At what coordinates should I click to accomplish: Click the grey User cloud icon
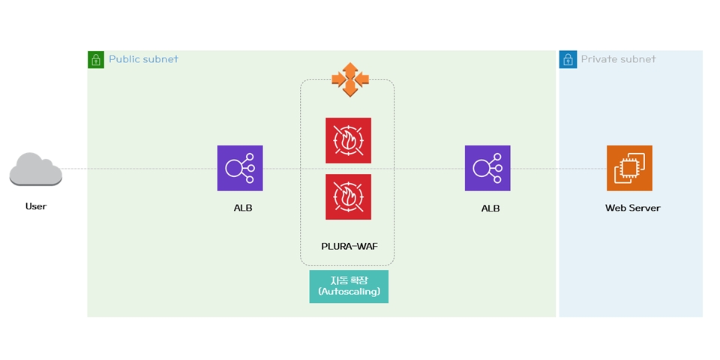[x=35, y=169]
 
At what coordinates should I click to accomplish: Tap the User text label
[x=35, y=206]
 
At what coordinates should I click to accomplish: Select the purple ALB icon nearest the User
[x=240, y=168]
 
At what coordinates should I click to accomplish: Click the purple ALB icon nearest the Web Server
[x=487, y=168]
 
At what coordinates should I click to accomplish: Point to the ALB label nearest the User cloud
[x=242, y=208]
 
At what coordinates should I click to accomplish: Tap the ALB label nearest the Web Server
[x=490, y=208]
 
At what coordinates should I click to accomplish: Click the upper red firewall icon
[x=348, y=140]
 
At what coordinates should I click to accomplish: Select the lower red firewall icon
[x=348, y=196]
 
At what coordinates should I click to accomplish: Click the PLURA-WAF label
[x=347, y=245]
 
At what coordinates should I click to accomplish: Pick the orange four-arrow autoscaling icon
[x=349, y=79]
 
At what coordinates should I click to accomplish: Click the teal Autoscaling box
[x=349, y=286]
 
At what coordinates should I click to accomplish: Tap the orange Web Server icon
[x=629, y=168]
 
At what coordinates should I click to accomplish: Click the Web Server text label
[x=632, y=208]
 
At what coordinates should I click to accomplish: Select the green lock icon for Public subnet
[x=96, y=59]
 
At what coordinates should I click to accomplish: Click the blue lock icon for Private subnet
[x=568, y=59]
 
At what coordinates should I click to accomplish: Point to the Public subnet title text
[x=143, y=59]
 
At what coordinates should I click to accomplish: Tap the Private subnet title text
[x=618, y=59]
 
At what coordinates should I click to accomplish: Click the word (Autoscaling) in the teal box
[x=349, y=291]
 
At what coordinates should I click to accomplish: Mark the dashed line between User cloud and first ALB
[x=139, y=169]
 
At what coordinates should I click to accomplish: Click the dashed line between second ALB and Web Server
[x=558, y=169]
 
